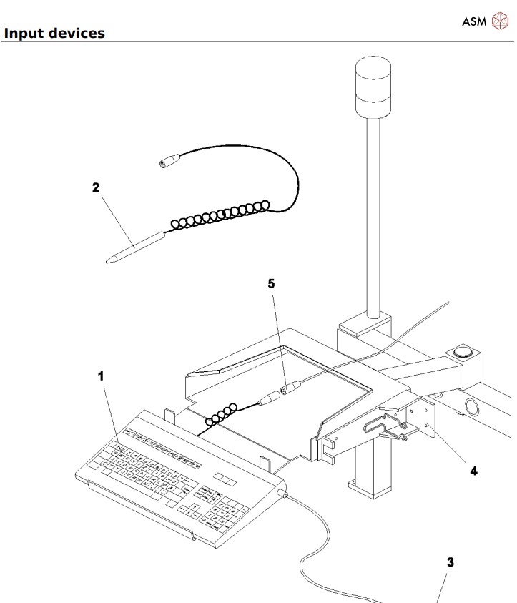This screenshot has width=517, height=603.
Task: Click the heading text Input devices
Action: tap(54, 33)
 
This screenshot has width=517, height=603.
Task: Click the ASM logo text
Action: tap(473, 21)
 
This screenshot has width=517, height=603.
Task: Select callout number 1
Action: tap(101, 375)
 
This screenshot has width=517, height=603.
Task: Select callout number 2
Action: tap(95, 188)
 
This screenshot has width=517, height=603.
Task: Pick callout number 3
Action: tap(450, 562)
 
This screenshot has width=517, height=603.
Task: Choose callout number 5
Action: tap(271, 283)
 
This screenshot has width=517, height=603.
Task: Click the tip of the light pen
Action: tap(109, 261)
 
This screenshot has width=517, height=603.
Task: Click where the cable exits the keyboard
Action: tap(287, 495)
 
